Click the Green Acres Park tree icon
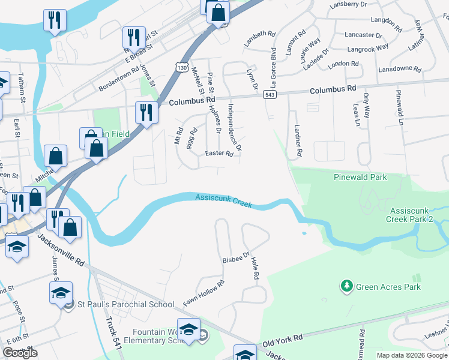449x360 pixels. tap(346, 287)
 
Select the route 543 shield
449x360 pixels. tap(270, 95)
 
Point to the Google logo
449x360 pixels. tap(20, 353)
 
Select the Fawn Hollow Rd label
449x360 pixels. tap(204, 293)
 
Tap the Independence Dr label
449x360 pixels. tap(235, 127)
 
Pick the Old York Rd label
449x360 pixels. tap(282, 341)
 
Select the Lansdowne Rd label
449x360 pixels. tap(400, 69)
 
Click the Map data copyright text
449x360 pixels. tap(412, 355)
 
